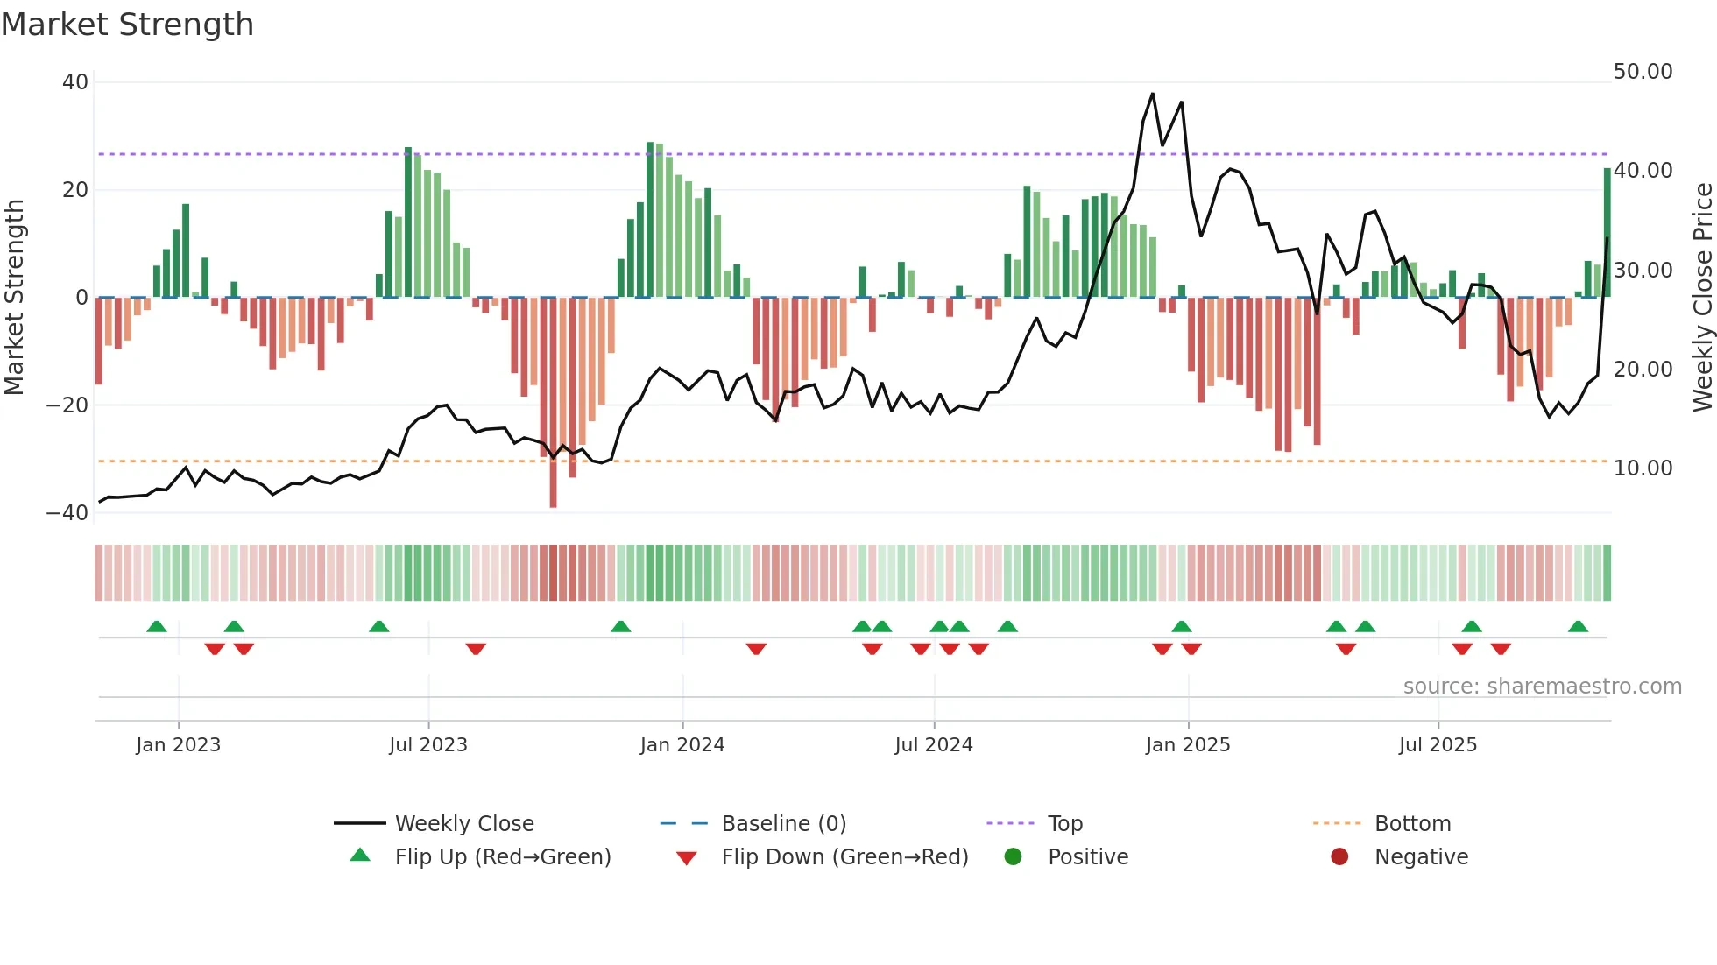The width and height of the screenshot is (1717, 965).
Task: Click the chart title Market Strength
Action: tap(127, 25)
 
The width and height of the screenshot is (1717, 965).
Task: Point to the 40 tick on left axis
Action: tap(75, 82)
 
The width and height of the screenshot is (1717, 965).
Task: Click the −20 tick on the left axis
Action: tap(67, 405)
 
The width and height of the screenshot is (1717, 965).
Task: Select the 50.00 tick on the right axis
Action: tap(1643, 72)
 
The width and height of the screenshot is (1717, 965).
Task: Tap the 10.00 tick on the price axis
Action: tap(1643, 468)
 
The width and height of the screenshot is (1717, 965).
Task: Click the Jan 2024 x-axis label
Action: tap(682, 745)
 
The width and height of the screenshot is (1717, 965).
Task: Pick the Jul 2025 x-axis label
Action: tap(1437, 745)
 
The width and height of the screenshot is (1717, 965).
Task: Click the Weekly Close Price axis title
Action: tap(1702, 298)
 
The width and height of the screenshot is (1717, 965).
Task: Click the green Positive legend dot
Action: tap(1013, 857)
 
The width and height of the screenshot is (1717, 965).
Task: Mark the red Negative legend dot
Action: tap(1339, 857)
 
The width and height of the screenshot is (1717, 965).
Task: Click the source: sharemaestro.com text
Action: tap(1542, 687)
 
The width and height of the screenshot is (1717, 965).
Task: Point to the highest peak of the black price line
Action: tap(1152, 94)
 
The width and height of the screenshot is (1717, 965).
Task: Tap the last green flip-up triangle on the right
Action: tap(1578, 627)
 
